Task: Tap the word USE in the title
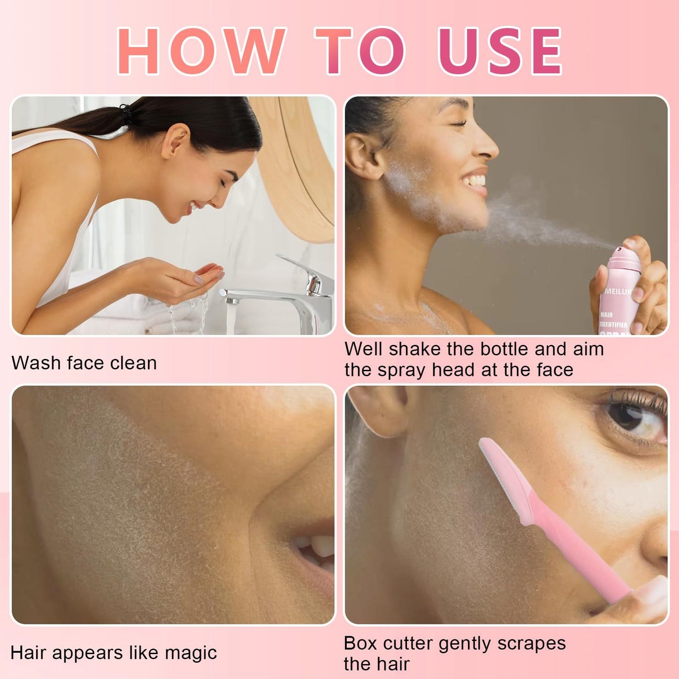[500, 51]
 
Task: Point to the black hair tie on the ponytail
[126, 114]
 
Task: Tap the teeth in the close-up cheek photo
[317, 547]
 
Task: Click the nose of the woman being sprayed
[486, 146]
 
